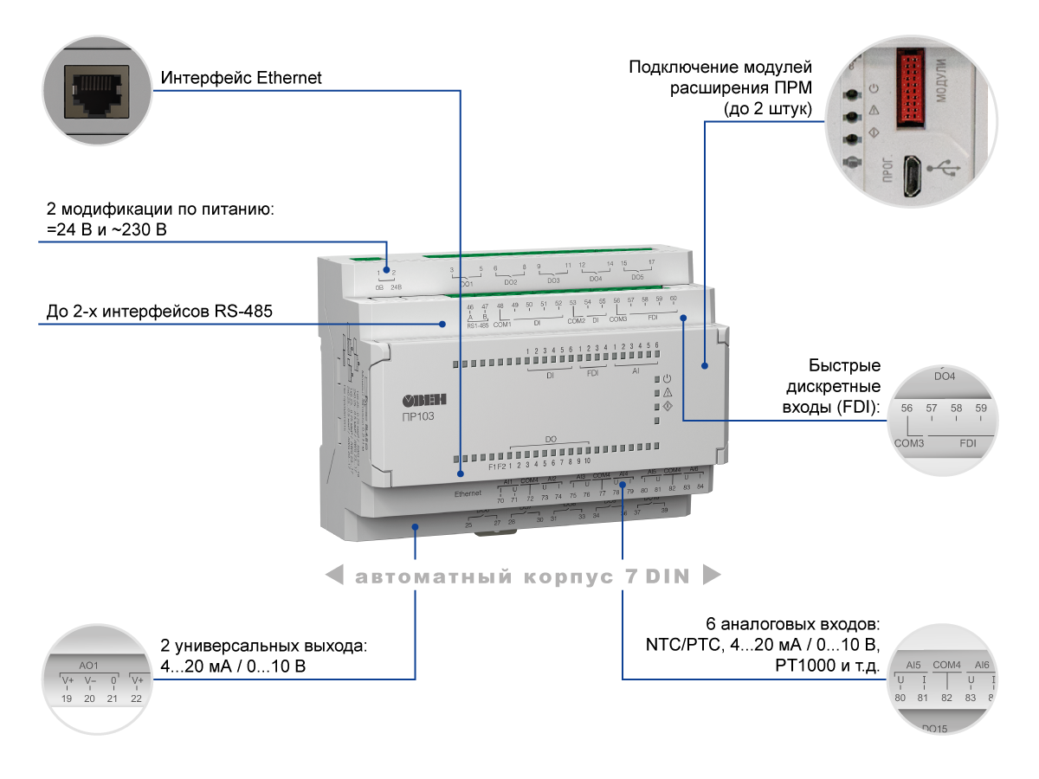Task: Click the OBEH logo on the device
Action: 425,399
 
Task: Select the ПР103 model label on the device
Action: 418,416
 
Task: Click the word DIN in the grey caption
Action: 667,576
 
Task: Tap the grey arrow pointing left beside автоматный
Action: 334,576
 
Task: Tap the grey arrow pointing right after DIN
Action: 712,576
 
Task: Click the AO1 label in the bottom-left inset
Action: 89,666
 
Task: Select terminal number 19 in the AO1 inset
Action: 66,698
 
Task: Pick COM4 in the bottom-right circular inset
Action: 946,665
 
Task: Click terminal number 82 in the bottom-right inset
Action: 946,698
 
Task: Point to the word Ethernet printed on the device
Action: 468,493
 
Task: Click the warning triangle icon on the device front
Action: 668,392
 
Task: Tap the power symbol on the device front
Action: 668,378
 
